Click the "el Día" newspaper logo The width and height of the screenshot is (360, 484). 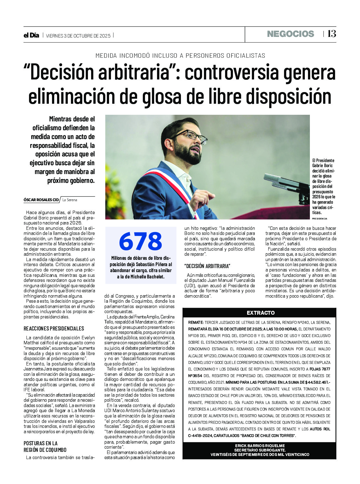[31, 35]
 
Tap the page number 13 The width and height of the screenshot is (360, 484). [332, 34]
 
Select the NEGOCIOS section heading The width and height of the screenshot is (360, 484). [290, 34]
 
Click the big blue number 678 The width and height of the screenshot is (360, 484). [141, 242]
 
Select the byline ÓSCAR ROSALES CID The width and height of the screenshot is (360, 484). [41, 200]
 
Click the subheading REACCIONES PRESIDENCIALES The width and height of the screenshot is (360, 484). [54, 329]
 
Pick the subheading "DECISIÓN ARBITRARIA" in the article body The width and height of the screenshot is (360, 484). [207, 266]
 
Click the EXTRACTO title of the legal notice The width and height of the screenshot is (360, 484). [260, 313]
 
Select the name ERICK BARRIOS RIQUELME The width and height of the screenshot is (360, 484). [260, 446]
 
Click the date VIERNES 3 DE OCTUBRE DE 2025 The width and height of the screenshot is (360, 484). [78, 36]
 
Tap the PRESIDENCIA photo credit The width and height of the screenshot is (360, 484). [320, 219]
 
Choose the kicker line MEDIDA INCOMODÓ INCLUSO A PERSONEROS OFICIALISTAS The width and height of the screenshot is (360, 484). [180, 55]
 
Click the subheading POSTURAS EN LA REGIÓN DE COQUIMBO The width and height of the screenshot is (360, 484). [45, 446]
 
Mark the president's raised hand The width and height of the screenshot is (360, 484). [202, 198]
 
